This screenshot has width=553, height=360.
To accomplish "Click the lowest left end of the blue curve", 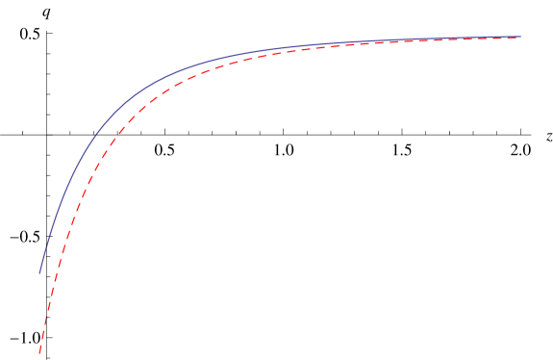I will pyautogui.click(x=39, y=273).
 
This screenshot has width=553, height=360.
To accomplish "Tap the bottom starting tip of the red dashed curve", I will pyautogui.click(x=39, y=352).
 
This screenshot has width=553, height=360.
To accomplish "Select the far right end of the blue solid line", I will pyautogui.click(x=520, y=37).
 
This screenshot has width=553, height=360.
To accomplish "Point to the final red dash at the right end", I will pyautogui.click(x=515, y=38).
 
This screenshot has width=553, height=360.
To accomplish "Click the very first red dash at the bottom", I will pyautogui.click(x=40, y=347).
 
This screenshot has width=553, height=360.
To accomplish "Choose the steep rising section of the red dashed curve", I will pyautogui.click(x=63, y=250).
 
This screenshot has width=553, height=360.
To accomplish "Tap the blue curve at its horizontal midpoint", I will pyautogui.click(x=280, y=48).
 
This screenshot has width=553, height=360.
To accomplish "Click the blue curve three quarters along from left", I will pyautogui.click(x=400, y=40).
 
